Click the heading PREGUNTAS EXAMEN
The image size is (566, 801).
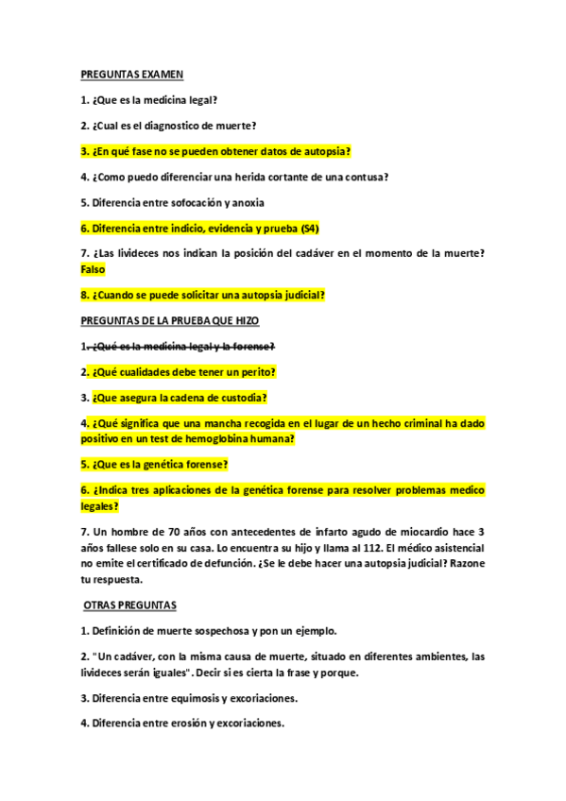point(131,74)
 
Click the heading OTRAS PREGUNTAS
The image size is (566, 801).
point(137,605)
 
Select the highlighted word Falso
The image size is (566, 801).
point(94,269)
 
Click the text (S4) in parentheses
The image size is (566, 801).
point(308,228)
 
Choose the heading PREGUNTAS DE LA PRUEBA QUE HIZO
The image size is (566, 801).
point(169,321)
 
